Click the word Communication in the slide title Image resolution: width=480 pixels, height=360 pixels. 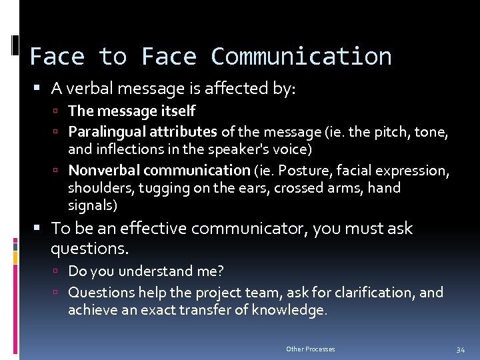point(301,57)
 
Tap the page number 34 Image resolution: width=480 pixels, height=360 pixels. point(460,349)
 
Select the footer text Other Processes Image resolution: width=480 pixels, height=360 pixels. point(311,349)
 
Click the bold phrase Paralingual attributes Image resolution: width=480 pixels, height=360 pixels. point(143,131)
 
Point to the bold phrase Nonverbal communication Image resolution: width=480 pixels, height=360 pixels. point(159,170)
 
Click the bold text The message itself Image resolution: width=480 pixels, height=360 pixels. point(131,111)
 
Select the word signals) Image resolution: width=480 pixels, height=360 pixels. point(93,205)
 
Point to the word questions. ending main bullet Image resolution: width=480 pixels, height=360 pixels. point(89,249)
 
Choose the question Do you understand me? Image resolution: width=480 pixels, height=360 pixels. point(146,271)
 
